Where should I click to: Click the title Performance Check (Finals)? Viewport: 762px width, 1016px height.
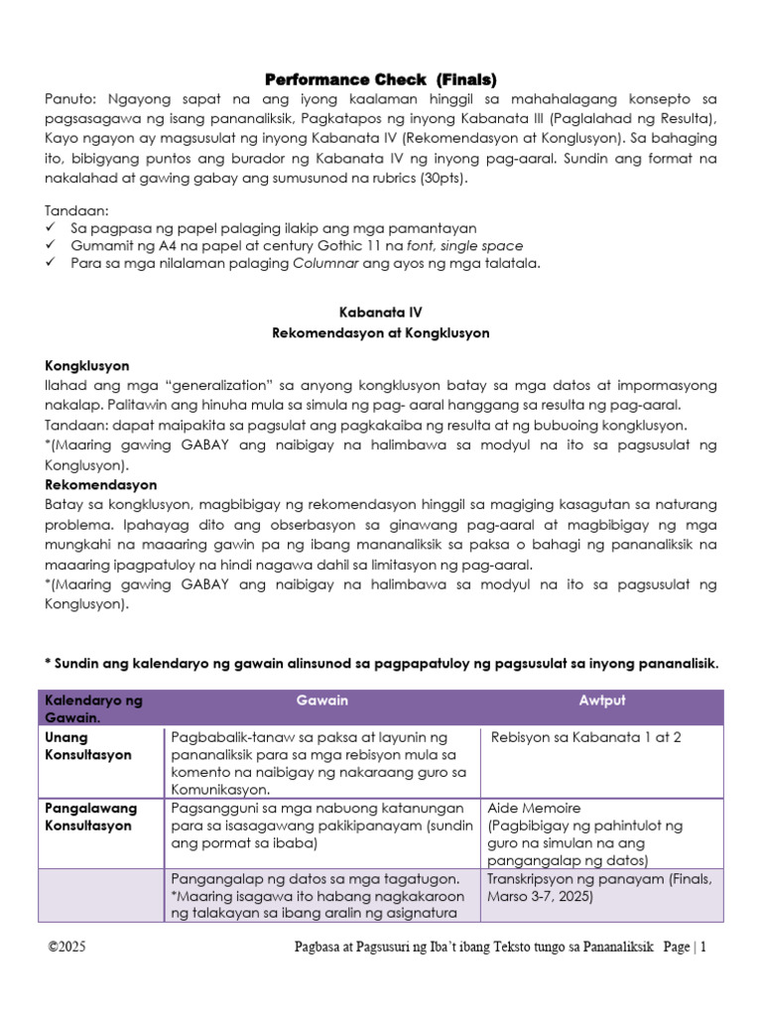tap(380, 79)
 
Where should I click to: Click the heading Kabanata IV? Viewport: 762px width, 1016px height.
tap(380, 312)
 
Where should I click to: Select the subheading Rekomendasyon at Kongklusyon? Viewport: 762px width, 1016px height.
tap(380, 333)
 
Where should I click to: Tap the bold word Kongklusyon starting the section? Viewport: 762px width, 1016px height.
tap(87, 366)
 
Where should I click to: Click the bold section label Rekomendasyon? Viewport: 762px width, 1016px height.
tap(101, 485)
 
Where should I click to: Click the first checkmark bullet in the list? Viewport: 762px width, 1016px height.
tap(53, 228)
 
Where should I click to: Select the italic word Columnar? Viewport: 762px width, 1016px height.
tap(326, 263)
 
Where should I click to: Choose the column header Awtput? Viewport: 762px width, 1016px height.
tap(603, 700)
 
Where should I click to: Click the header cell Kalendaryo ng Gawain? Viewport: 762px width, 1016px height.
tap(93, 708)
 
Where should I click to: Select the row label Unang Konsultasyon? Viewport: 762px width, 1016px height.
tap(88, 746)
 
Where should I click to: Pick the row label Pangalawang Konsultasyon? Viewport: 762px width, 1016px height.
tap(91, 817)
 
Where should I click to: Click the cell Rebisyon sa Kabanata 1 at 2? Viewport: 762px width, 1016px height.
tap(585, 737)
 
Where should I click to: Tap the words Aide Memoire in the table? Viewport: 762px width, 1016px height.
tap(534, 809)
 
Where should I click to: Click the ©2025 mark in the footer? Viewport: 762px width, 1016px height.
tap(67, 948)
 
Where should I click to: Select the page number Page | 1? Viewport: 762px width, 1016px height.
tap(686, 948)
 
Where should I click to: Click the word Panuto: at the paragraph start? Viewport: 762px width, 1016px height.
tap(71, 100)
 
